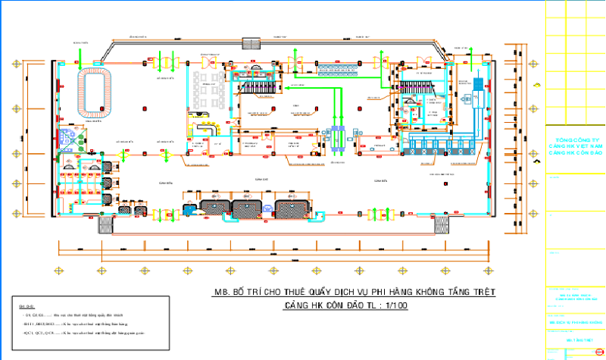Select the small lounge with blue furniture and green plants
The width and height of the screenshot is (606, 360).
tap(73, 138)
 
